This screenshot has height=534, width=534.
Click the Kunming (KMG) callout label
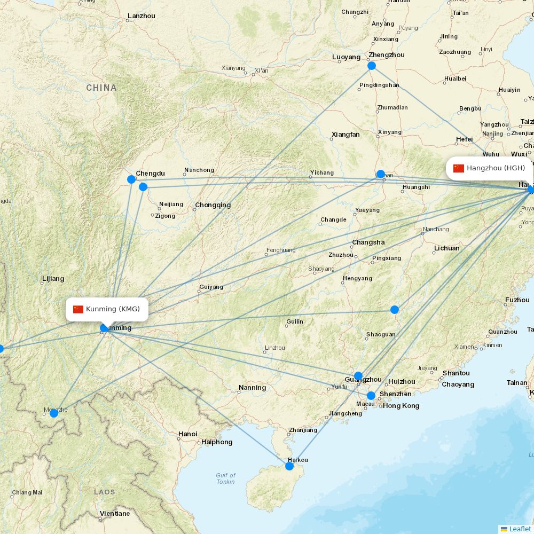click(107, 309)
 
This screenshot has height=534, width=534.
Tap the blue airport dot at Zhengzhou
click(372, 66)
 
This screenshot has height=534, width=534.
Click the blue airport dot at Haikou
click(289, 466)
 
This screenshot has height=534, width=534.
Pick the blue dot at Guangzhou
click(358, 376)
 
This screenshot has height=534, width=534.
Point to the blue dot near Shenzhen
click(371, 396)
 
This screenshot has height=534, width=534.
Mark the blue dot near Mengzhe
click(54, 413)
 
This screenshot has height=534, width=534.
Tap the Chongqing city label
click(213, 205)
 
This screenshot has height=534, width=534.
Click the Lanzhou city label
click(141, 16)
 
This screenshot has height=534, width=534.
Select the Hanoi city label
click(188, 434)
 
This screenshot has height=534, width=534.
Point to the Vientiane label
click(114, 514)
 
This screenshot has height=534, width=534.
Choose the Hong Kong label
click(401, 406)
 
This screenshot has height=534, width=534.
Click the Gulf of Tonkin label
click(225, 478)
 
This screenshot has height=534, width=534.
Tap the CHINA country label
click(101, 88)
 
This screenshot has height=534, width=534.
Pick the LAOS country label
click(104, 492)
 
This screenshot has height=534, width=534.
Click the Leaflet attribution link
click(520, 529)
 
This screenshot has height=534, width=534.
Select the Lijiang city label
click(53, 279)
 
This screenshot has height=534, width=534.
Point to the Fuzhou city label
click(517, 300)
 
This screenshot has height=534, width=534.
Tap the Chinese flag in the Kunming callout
click(78, 309)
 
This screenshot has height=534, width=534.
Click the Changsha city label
click(368, 242)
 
